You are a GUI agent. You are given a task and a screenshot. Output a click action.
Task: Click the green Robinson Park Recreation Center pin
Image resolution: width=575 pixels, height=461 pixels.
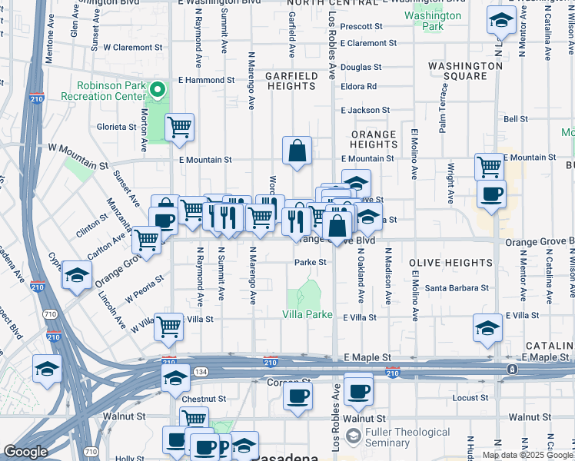point(158,91)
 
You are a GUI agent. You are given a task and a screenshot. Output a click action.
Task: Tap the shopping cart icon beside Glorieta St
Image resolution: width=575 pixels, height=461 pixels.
point(179,127)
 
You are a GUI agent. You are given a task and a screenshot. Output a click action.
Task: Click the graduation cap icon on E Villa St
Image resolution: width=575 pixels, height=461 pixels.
point(488,328)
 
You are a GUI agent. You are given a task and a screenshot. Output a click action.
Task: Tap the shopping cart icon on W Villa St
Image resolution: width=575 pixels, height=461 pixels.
point(168,327)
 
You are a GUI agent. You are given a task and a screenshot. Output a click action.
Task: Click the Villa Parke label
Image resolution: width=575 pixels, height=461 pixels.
point(307,315)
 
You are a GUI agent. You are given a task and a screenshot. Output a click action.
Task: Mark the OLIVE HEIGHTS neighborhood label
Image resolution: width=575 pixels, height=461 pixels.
point(450,263)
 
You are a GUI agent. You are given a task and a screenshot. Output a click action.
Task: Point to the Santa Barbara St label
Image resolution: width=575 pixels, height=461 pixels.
point(457,288)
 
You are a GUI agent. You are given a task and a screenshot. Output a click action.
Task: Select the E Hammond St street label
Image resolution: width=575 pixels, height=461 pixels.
point(206,80)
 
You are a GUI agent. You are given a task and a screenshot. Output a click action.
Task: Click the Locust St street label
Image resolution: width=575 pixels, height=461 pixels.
point(467,398)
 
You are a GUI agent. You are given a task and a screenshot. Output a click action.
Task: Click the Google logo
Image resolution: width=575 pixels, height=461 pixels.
point(26,452)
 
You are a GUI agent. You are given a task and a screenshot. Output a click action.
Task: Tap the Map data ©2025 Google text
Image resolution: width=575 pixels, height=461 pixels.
point(527,455)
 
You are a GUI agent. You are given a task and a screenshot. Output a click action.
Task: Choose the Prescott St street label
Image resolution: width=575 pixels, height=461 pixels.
point(366,25)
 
